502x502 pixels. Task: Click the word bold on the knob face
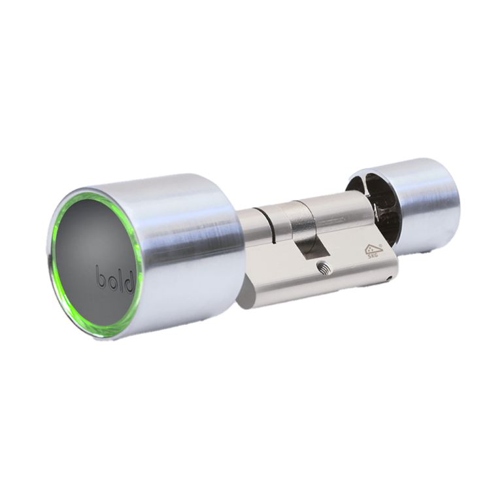click(116, 278)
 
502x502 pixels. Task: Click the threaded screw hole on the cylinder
click(322, 267)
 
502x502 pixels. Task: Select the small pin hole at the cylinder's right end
click(388, 278)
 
